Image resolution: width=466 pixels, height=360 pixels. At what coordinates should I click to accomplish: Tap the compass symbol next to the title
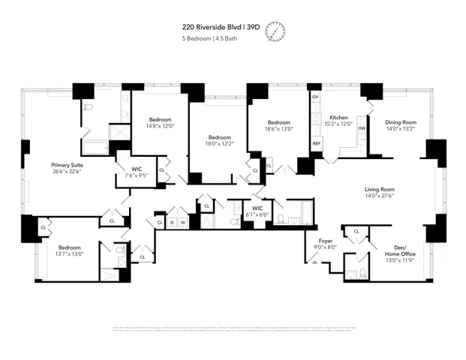tap(275, 31)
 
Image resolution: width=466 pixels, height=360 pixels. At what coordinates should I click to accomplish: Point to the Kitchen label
tap(338, 118)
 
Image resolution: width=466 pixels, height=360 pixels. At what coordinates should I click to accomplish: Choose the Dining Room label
tap(399, 121)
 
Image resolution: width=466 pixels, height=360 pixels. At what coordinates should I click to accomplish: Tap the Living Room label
tap(380, 189)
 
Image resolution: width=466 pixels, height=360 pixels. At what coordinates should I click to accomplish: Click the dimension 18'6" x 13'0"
tap(280, 129)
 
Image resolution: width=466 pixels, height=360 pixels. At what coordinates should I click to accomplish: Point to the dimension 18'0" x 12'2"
tap(219, 144)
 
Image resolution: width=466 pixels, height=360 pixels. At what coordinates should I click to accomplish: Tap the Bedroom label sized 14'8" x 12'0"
tap(160, 119)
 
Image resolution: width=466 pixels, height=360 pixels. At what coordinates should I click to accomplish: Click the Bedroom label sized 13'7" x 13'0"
tap(70, 247)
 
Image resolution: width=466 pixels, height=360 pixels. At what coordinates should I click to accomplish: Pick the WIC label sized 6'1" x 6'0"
tap(257, 208)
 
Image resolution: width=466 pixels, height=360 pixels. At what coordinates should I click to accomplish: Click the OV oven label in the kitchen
tap(315, 97)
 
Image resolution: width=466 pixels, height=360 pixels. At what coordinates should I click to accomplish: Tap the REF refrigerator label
tap(316, 142)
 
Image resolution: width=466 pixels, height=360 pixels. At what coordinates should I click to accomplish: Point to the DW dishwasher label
tap(361, 128)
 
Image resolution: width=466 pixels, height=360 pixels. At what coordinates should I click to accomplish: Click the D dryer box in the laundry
tap(171, 222)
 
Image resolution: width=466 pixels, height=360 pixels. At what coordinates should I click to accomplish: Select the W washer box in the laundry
tap(182, 222)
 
